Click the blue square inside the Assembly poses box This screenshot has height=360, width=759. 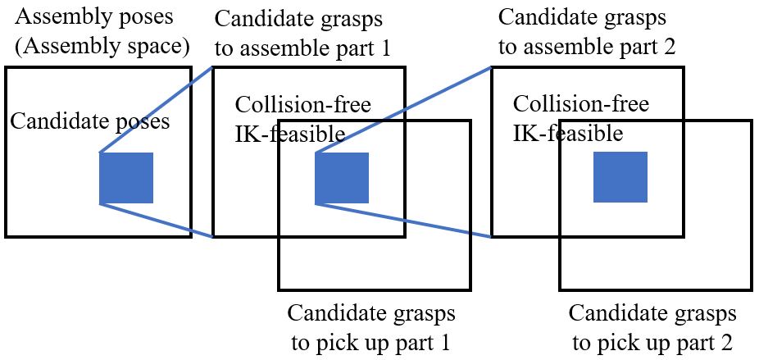(126, 178)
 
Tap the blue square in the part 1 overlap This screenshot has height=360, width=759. (342, 178)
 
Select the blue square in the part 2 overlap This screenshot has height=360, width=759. (620, 177)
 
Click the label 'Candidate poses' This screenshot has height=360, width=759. (90, 123)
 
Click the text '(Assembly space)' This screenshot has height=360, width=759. (102, 47)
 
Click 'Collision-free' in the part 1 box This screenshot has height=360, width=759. (302, 105)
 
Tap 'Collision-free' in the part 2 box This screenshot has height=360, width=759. (580, 104)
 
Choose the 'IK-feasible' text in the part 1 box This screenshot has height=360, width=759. (286, 133)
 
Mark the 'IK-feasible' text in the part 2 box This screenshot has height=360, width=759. (567, 132)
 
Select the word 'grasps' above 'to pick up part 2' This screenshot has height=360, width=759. (707, 313)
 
